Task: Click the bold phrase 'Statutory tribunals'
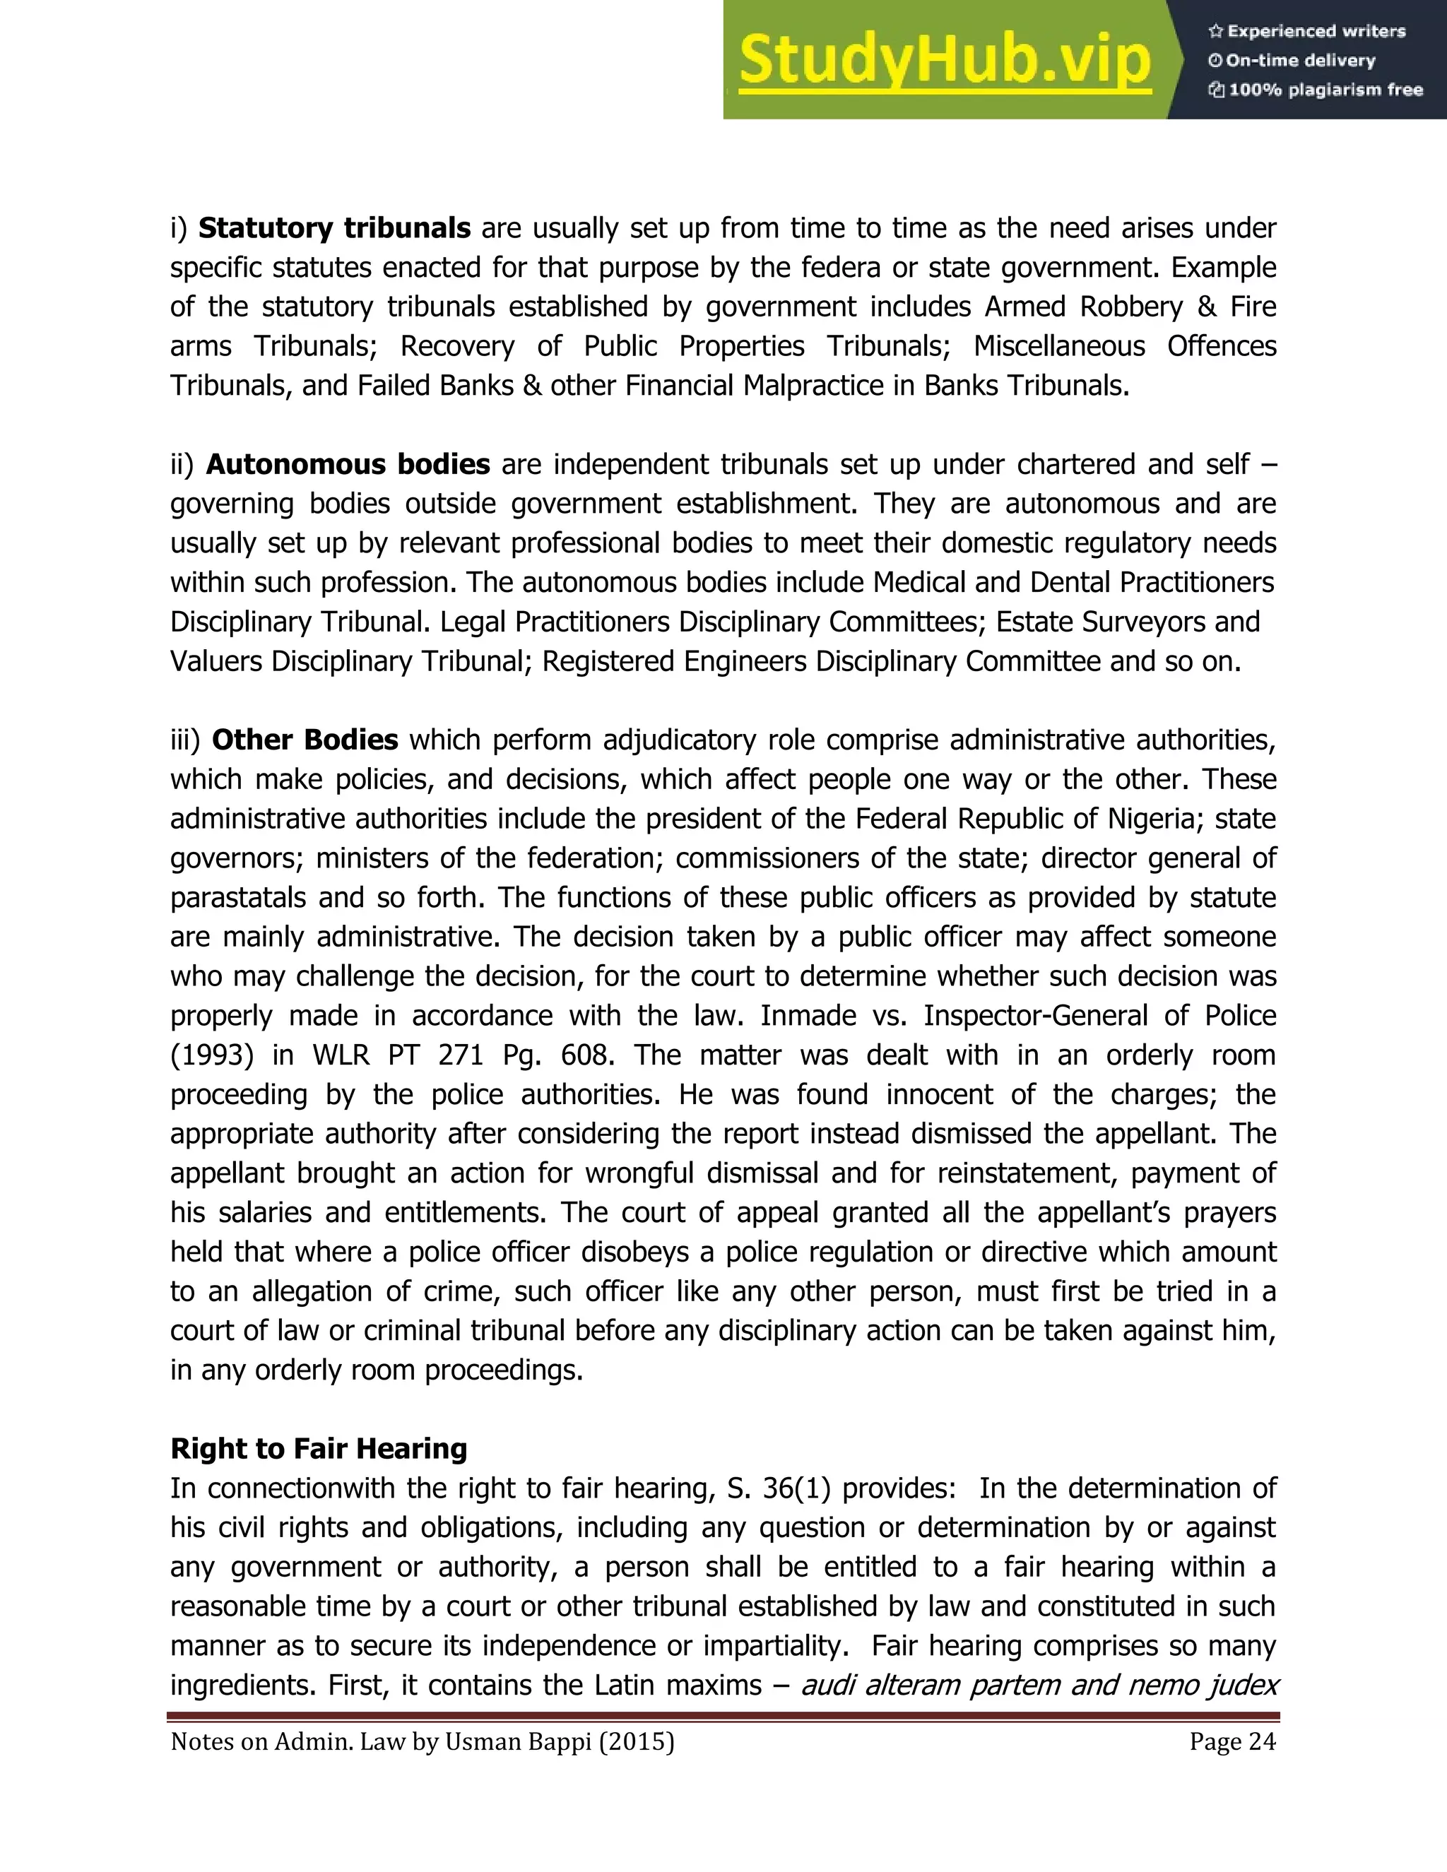coord(334,228)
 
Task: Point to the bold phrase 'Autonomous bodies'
coord(348,463)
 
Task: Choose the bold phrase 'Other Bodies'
coord(305,740)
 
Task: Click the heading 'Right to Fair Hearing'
coord(319,1447)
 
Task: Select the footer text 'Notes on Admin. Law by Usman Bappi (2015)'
coord(423,1742)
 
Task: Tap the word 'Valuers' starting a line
coord(216,661)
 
